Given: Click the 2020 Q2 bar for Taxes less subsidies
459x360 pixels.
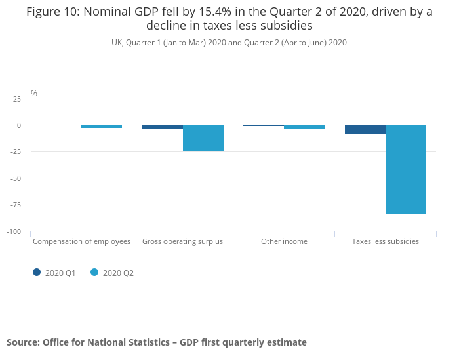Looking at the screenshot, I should [406, 169].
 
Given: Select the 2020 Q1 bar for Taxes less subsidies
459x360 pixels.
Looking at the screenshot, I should [365, 129].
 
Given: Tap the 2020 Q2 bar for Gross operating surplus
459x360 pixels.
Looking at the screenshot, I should [203, 138].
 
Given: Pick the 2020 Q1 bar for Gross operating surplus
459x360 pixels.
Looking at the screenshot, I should [163, 127].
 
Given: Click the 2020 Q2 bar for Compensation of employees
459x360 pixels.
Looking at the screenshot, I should [102, 127].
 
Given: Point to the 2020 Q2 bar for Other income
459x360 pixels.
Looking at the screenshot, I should [304, 127].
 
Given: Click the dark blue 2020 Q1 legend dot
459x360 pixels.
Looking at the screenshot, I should [37, 272].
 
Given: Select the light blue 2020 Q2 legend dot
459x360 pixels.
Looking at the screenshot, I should [94, 272].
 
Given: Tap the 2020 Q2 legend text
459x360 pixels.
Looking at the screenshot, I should [118, 273].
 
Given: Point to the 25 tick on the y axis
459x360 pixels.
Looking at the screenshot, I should [16, 98].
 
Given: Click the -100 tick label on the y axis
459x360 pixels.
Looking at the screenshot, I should [14, 231].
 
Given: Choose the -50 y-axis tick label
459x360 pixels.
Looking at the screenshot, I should [15, 178].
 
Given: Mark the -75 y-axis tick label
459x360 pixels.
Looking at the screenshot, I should [15, 205].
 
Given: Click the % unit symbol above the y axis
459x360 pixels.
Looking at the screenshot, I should [34, 94].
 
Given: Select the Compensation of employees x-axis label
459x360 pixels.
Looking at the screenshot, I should [81, 241].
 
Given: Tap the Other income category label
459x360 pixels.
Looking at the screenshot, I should [284, 241].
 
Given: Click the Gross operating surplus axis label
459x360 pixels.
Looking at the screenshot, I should [182, 241].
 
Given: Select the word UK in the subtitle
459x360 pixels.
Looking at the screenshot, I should [117, 43].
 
